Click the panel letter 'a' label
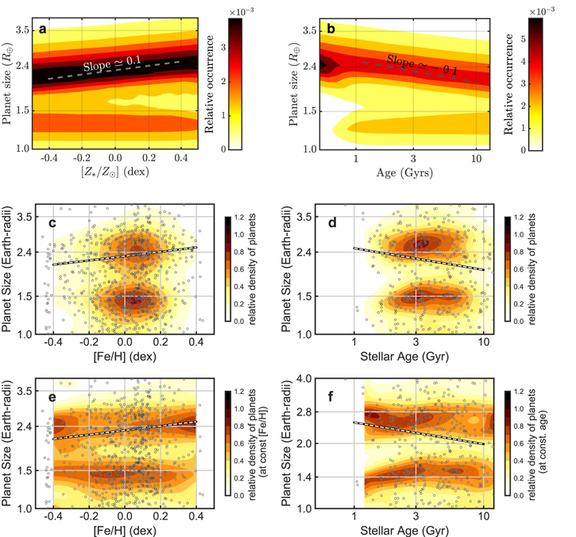coord(43,29)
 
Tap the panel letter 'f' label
coord(331,396)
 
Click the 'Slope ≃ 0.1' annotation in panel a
coord(112,64)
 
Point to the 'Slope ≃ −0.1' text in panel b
coord(423,64)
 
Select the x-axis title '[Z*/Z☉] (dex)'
coord(115,172)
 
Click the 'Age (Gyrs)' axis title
coord(404,172)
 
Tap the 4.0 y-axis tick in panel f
coord(303,378)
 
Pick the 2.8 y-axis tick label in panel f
coord(303,411)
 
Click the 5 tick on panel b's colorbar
coord(523,39)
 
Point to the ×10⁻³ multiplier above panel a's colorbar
coord(242,12)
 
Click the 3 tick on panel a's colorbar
coord(223,48)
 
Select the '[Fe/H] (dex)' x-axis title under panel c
coord(125,357)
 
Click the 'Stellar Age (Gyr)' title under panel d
coord(404,357)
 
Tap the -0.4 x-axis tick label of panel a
coord(48,158)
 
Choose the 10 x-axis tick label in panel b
coord(476,159)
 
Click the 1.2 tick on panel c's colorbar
coord(239,217)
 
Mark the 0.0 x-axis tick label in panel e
coord(125,516)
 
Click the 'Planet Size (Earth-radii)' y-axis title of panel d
coord(286,268)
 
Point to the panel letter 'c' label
coord(52,223)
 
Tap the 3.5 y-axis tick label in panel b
coord(310,30)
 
